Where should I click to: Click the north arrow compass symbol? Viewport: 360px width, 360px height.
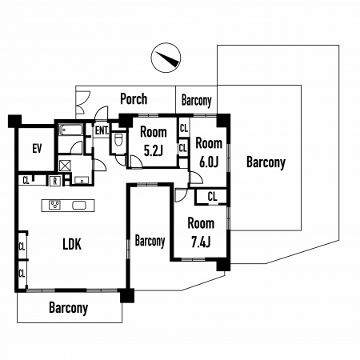pyautogui.click(x=166, y=58)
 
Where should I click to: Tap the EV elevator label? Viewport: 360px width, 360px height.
pyautogui.click(x=38, y=149)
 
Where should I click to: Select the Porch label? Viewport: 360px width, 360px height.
pyautogui.click(x=134, y=99)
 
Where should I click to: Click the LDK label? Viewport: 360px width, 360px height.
pyautogui.click(x=72, y=244)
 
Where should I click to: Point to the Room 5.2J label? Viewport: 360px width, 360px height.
pyautogui.click(x=154, y=142)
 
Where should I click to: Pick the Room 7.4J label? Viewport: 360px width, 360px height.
pyautogui.click(x=201, y=233)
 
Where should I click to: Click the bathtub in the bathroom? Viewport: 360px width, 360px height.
pyautogui.click(x=70, y=130)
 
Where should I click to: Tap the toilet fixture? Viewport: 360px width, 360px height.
pyautogui.click(x=118, y=140)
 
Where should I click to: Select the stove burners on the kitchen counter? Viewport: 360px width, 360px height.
pyautogui.click(x=55, y=205)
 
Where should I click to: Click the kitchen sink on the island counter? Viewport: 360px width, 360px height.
pyautogui.click(x=79, y=206)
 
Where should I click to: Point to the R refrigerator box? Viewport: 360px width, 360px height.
pyautogui.click(x=55, y=182)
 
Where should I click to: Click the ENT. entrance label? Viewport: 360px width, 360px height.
pyautogui.click(x=102, y=130)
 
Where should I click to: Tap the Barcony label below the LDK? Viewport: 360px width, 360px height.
pyautogui.click(x=69, y=308)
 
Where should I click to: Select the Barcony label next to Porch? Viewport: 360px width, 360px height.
pyautogui.click(x=197, y=101)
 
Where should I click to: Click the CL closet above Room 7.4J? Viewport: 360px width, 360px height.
pyautogui.click(x=212, y=197)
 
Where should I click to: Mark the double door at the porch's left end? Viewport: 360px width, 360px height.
pyautogui.click(x=83, y=103)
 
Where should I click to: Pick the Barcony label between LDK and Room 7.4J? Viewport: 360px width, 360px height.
pyautogui.click(x=150, y=241)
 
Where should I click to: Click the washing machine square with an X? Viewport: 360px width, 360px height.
pyautogui.click(x=65, y=166)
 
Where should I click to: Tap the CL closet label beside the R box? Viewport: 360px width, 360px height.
pyautogui.click(x=26, y=181)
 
